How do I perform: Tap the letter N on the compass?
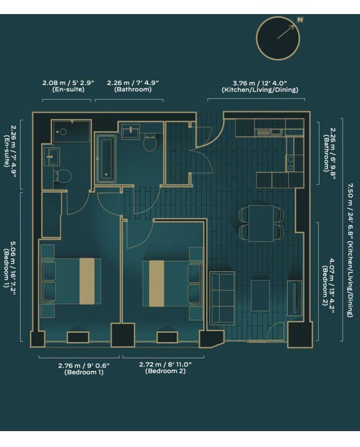(x=300, y=19)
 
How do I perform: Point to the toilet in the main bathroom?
(x=150, y=143)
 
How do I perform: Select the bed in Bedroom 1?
(x=73, y=281)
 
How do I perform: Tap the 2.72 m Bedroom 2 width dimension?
(x=165, y=368)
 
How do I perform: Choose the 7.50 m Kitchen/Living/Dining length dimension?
(x=350, y=249)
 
